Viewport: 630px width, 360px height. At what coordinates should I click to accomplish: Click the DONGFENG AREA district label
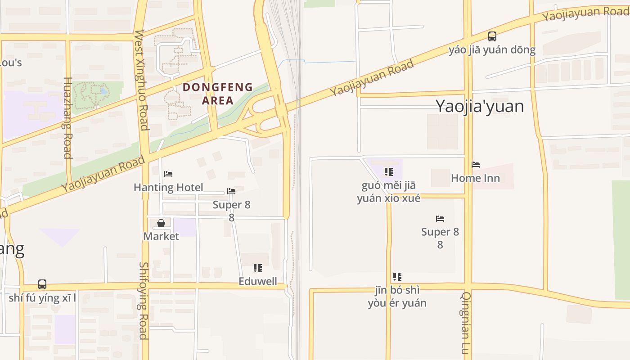(218, 94)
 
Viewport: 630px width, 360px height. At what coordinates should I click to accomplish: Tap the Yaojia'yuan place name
(480, 106)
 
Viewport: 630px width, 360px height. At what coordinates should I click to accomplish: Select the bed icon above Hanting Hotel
(168, 174)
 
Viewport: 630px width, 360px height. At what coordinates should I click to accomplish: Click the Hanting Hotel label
(168, 187)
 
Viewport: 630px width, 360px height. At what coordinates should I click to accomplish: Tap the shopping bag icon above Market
(161, 223)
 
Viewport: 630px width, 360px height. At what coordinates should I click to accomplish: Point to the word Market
(161, 236)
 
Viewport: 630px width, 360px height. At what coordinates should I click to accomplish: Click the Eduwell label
(258, 282)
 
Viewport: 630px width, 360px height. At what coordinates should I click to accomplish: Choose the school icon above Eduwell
(258, 269)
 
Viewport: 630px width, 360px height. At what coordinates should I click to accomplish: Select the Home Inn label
(475, 178)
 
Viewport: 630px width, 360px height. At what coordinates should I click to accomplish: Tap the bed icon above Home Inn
(476, 165)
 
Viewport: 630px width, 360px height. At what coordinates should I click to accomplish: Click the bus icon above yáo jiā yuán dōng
(492, 36)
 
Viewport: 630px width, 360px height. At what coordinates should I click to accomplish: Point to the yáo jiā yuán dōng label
(492, 49)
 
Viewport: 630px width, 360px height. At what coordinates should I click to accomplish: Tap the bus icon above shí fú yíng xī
(42, 284)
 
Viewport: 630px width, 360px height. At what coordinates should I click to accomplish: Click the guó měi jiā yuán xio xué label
(389, 192)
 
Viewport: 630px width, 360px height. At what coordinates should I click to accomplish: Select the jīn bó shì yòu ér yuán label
(397, 297)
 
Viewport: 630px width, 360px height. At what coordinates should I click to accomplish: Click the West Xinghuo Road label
(141, 80)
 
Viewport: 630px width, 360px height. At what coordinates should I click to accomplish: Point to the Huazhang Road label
(67, 118)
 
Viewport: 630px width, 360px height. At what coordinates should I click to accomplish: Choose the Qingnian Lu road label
(466, 323)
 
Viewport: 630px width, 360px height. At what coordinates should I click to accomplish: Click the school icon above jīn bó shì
(397, 277)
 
